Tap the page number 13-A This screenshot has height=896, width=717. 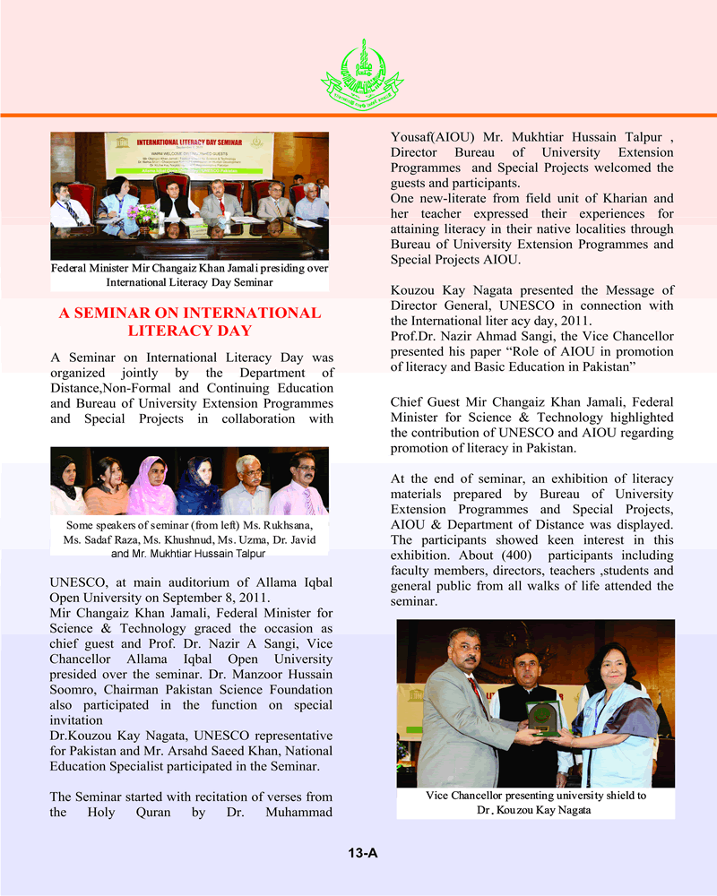pyautogui.click(x=363, y=853)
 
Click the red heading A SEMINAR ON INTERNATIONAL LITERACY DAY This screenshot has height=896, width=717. pyautogui.click(x=189, y=322)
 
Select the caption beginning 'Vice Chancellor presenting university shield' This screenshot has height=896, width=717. pyautogui.click(x=536, y=803)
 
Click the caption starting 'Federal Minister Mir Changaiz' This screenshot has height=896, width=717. pyautogui.click(x=189, y=275)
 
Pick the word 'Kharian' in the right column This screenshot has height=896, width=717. pyautogui.click(x=644, y=197)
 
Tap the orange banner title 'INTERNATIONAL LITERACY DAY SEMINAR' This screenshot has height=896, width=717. pyautogui.click(x=193, y=142)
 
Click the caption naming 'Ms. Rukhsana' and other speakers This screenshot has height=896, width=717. pyautogui.click(x=189, y=535)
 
